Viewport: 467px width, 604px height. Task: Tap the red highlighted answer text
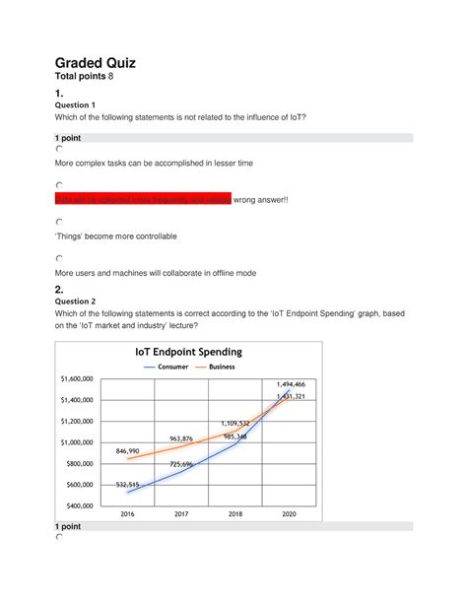[x=142, y=199]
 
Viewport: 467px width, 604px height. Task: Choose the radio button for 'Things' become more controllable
[x=59, y=223]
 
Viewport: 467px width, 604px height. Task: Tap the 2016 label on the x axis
[x=127, y=514]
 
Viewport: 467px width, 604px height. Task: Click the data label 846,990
[x=128, y=449]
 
